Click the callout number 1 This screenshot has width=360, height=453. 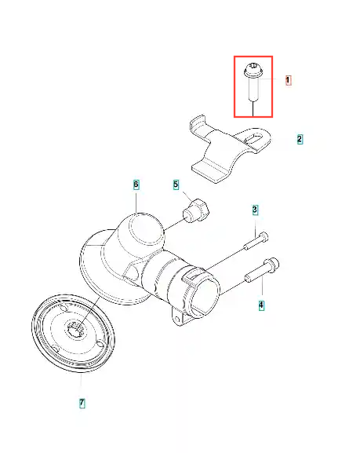pyautogui.click(x=288, y=80)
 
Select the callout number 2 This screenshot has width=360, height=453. pyautogui.click(x=300, y=139)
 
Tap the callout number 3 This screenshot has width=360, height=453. pyautogui.click(x=255, y=210)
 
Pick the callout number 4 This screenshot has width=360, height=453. pyautogui.click(x=261, y=305)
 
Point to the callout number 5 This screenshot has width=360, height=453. pyautogui.click(x=176, y=184)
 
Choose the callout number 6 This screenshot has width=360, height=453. pyautogui.click(x=136, y=184)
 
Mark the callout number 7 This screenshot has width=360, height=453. pyautogui.click(x=82, y=403)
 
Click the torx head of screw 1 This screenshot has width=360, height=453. pyautogui.click(x=253, y=70)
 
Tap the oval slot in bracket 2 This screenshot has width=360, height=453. pyautogui.click(x=254, y=137)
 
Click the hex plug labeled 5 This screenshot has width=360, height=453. pyautogui.click(x=196, y=210)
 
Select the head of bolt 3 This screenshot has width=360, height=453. pyautogui.click(x=264, y=236)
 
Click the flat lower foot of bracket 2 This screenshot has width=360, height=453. pyautogui.click(x=209, y=171)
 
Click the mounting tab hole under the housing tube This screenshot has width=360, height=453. pyautogui.click(x=177, y=318)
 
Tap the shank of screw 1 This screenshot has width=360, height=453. pyautogui.click(x=253, y=90)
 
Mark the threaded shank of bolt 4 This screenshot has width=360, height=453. pyautogui.click(x=255, y=274)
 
